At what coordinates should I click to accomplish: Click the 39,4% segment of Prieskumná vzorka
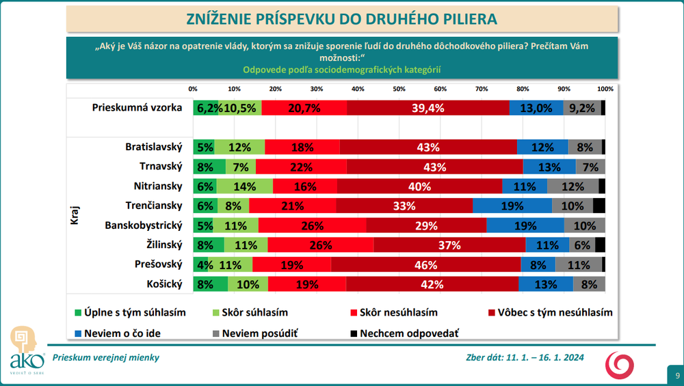(428, 108)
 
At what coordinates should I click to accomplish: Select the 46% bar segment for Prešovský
(425, 265)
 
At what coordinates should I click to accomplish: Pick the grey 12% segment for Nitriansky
(573, 187)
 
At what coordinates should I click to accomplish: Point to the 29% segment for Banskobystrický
(425, 225)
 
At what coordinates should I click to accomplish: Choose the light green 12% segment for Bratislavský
(239, 147)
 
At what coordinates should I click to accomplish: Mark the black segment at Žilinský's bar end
(600, 245)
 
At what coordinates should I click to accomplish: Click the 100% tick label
(605, 89)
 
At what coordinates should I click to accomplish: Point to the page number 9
(676, 375)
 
